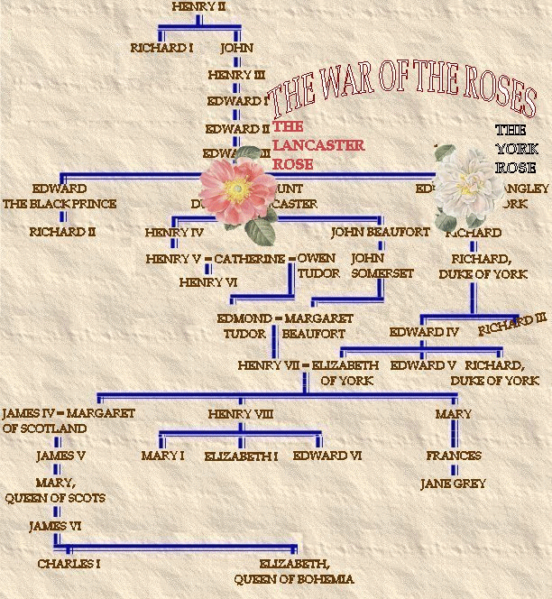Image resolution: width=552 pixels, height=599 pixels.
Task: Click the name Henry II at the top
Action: pyautogui.click(x=198, y=7)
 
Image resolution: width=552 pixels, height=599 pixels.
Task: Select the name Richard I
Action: pyautogui.click(x=161, y=48)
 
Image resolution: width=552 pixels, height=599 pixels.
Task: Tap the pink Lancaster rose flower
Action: pyautogui.click(x=237, y=189)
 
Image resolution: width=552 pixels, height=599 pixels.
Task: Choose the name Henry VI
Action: pyautogui.click(x=207, y=282)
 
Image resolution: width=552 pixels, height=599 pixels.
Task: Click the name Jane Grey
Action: pyautogui.click(x=453, y=484)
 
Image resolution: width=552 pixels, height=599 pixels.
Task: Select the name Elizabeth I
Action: pyautogui.click(x=241, y=456)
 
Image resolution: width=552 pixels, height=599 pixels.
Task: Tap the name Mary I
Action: pyautogui.click(x=162, y=456)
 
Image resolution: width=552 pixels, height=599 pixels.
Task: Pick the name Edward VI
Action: pyautogui.click(x=327, y=456)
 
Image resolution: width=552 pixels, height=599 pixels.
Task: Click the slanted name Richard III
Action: pyautogui.click(x=512, y=324)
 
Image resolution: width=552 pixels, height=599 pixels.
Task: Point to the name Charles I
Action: pyautogui.click(x=69, y=564)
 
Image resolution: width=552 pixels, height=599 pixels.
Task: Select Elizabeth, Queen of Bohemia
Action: pyautogui.click(x=294, y=571)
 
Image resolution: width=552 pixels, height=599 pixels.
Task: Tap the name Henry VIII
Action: pyautogui.click(x=240, y=414)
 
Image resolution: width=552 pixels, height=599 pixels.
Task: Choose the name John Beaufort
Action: pyautogui.click(x=380, y=232)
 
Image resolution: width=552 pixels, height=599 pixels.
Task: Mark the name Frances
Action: pyautogui.click(x=454, y=456)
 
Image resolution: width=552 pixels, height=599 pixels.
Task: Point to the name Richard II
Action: pyautogui.click(x=62, y=232)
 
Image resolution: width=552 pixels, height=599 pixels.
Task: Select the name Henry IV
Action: pyautogui.click(x=174, y=232)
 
